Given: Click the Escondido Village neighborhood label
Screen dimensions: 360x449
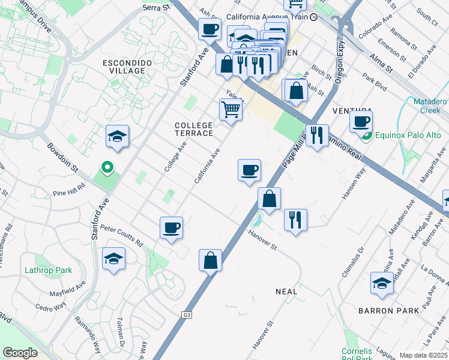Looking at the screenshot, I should coord(124,67).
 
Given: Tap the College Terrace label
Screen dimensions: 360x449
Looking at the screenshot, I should coord(193,129).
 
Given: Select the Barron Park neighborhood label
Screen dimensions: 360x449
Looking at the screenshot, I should coord(384,311).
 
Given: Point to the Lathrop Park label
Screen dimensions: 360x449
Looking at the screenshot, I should coord(48,270).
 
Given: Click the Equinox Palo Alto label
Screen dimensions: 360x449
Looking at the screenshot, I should coord(408,135).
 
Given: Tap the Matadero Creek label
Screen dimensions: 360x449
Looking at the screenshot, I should coord(430,106).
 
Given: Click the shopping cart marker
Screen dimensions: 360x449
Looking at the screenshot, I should coord(231,110).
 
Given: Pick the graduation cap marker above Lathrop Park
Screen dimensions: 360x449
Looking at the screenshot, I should coord(114,259).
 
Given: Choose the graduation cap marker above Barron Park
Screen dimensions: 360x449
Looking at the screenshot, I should coord(382,283).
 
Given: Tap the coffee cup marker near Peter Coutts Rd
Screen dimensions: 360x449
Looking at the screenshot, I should coord(172,228).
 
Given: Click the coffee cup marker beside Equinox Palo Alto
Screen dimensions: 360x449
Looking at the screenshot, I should coord(361,121).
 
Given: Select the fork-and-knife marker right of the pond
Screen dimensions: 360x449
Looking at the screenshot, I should coord(295,220).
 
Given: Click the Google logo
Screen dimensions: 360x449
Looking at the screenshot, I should coord(20,353).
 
